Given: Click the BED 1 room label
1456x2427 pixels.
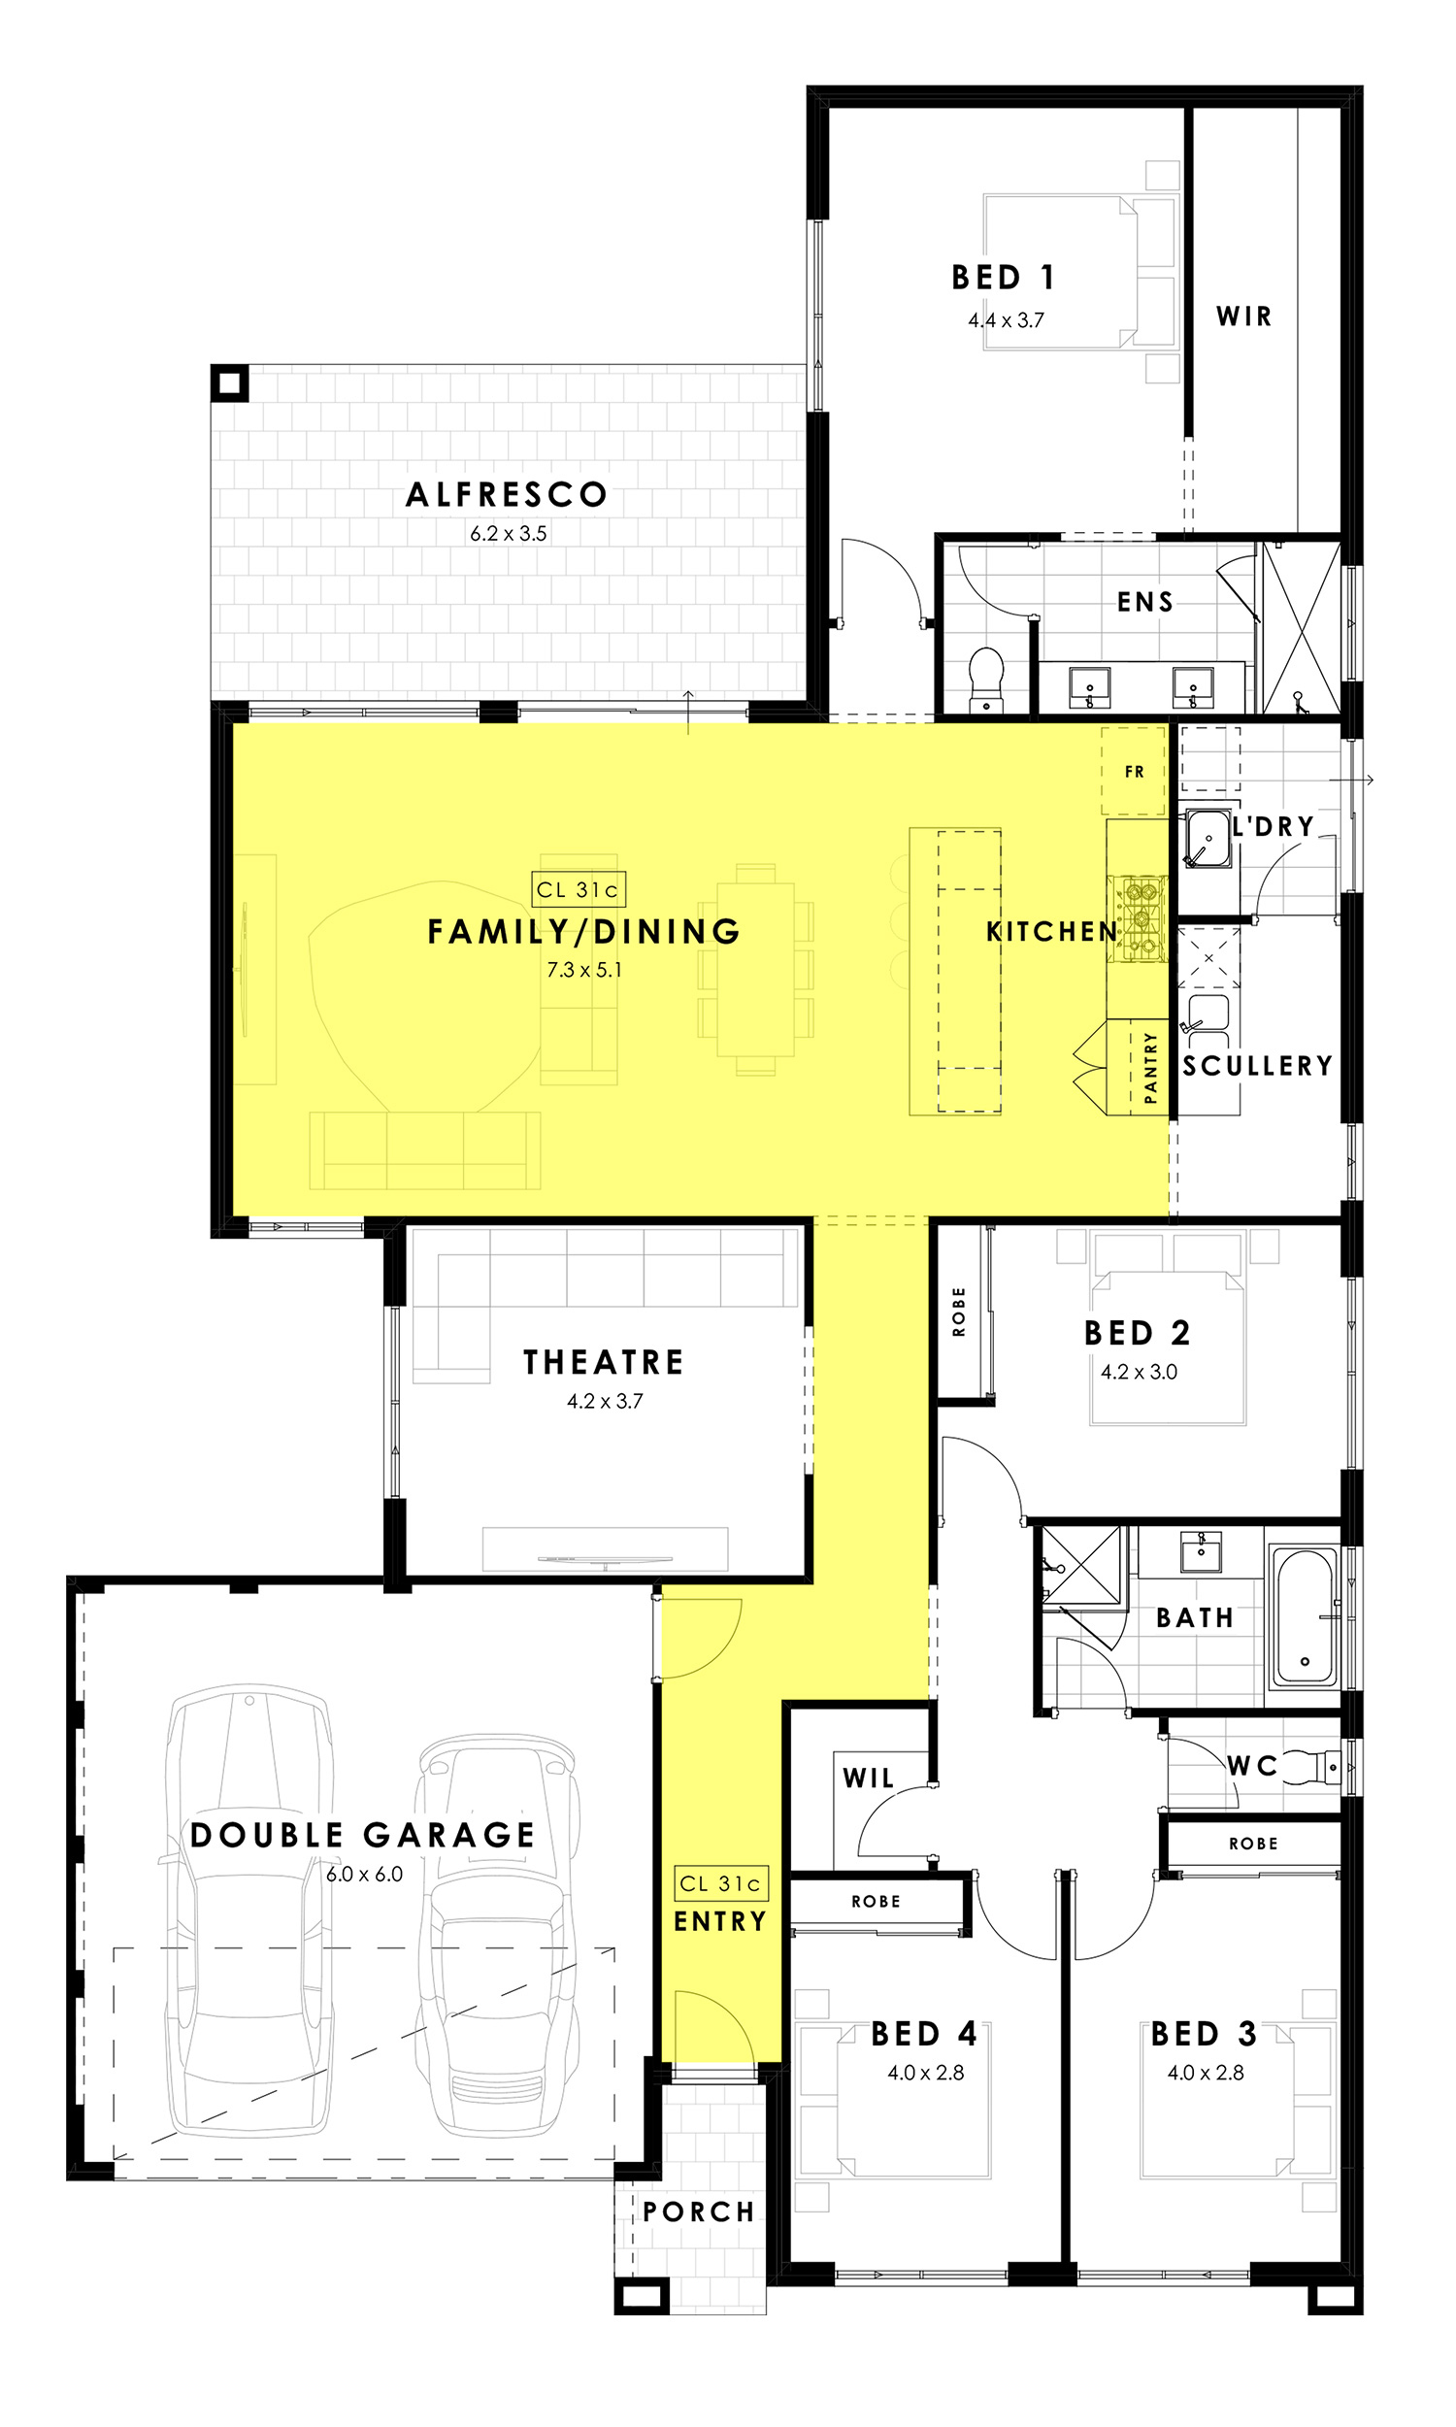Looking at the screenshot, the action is (x=1003, y=278).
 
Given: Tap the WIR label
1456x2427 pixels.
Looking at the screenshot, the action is (x=1244, y=316).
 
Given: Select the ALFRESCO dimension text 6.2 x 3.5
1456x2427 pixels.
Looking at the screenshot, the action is (x=509, y=534).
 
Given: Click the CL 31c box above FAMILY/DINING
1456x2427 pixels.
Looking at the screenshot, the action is (x=578, y=889).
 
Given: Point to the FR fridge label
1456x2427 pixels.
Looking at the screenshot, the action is (x=1134, y=772).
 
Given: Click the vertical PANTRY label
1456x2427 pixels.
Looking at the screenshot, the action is (x=1151, y=1068).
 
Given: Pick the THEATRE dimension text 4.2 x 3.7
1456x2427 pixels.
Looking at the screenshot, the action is (x=605, y=1401).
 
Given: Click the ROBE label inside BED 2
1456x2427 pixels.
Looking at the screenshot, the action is (x=959, y=1312).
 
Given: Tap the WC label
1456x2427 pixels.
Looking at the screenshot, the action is (x=1252, y=1766).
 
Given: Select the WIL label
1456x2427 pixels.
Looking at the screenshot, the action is (x=869, y=1778).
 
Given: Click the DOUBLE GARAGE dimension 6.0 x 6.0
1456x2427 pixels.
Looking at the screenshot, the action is (x=364, y=1874).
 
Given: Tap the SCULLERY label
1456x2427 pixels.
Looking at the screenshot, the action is (x=1258, y=1065).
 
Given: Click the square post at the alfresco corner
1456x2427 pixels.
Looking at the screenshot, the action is (x=230, y=382).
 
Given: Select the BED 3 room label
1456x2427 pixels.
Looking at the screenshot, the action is (x=1204, y=2034).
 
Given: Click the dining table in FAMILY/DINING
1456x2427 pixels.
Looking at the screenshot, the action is (x=755, y=969).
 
